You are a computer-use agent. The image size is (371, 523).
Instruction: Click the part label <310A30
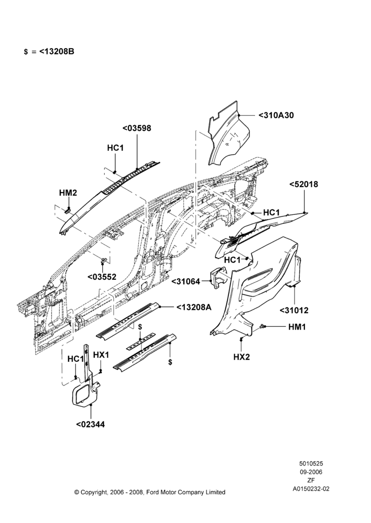276,116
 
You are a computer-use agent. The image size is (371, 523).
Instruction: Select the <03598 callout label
137,128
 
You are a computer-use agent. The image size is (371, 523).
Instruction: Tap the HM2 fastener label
68,193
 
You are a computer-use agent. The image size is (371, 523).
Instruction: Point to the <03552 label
102,277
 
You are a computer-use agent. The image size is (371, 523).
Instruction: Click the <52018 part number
303,184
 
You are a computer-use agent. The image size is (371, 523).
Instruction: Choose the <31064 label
186,281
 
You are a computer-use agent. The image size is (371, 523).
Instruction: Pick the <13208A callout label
193,307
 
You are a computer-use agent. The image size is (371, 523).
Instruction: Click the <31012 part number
294,311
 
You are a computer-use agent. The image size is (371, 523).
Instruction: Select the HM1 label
297,327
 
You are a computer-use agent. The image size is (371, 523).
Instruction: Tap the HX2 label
242,357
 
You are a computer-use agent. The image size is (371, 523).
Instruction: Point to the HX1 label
101,355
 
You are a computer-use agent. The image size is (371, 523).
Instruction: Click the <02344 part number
91,425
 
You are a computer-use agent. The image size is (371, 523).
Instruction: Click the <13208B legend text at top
57,52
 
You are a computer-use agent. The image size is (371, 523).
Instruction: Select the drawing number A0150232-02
311,489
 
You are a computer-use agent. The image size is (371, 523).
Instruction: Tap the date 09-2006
311,472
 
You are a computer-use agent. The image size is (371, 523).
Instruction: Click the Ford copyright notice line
150,492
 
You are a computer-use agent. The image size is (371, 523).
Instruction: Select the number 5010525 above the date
311,463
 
